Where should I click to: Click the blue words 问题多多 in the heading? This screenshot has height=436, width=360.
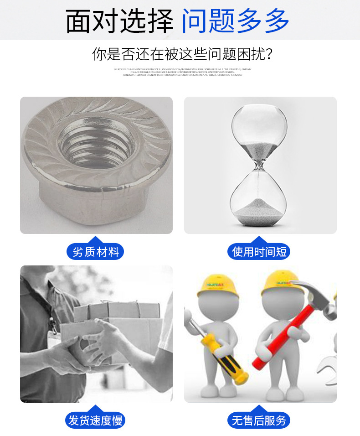[x=235, y=21]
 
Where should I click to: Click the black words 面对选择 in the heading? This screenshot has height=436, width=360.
[x=119, y=21]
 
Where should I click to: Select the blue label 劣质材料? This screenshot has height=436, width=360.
[x=95, y=251]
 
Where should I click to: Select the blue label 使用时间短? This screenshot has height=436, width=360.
[x=259, y=251]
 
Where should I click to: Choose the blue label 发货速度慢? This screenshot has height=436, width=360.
[x=95, y=420]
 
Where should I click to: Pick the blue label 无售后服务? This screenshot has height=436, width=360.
[x=259, y=420]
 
